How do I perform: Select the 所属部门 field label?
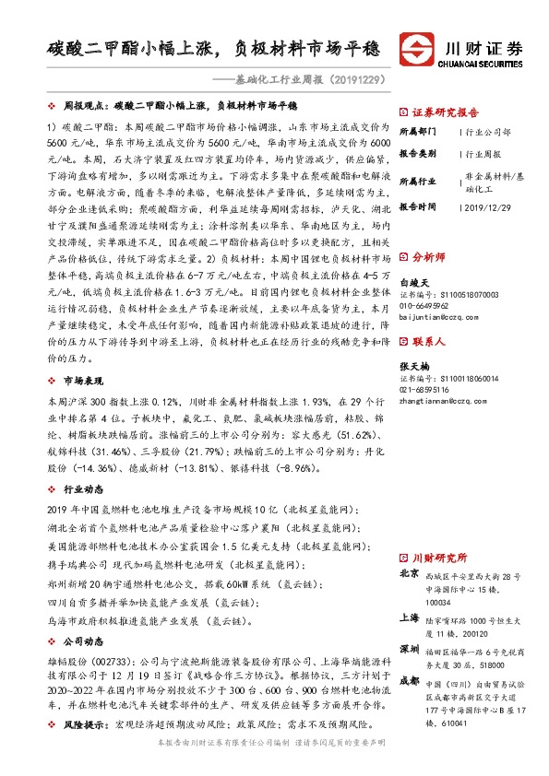[420, 132]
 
